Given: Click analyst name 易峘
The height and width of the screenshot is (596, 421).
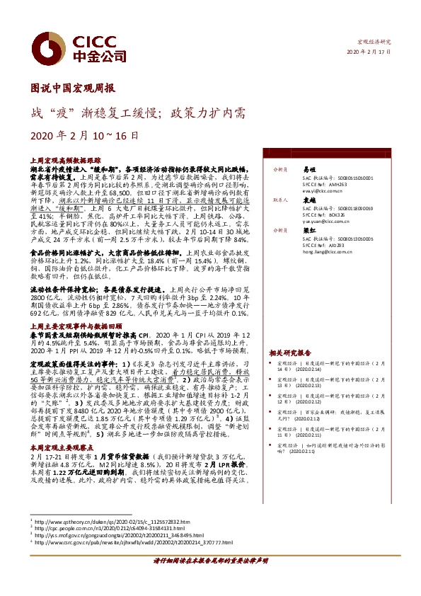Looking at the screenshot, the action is [309, 170].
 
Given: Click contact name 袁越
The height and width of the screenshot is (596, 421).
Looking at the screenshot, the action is [309, 201].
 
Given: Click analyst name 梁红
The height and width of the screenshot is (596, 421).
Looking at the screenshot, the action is [309, 231].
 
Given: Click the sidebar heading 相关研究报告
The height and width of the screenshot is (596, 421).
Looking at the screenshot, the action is [289, 353].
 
